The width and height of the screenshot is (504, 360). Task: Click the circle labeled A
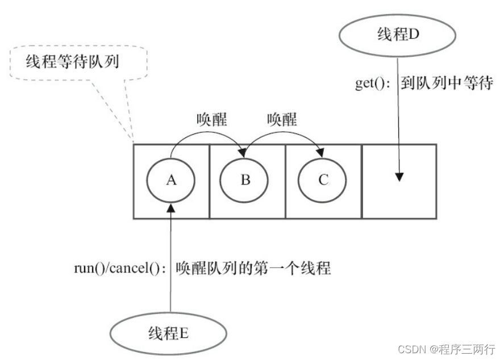(170, 180)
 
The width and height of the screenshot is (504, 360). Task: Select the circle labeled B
(244, 180)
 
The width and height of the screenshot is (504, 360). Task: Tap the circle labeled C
(322, 180)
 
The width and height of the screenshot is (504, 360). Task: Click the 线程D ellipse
(398, 35)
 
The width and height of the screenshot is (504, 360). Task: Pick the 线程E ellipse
(168, 333)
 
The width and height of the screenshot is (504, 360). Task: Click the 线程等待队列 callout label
(72, 61)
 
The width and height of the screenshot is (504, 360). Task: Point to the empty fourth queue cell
(399, 182)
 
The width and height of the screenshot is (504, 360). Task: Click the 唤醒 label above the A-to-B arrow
(212, 119)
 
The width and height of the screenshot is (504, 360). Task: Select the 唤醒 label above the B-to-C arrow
(282, 119)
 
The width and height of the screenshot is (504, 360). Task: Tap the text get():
(373, 83)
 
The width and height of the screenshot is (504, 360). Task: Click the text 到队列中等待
(447, 83)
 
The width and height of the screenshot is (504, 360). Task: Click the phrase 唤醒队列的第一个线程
(253, 268)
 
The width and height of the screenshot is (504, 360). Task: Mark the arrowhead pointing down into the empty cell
(399, 177)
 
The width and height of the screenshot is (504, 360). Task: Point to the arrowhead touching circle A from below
(170, 208)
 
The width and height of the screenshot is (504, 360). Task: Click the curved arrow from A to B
(207, 136)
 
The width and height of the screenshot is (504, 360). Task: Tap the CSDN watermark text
(447, 349)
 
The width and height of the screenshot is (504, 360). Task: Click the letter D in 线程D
(414, 34)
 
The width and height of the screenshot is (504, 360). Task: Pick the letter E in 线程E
(184, 333)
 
